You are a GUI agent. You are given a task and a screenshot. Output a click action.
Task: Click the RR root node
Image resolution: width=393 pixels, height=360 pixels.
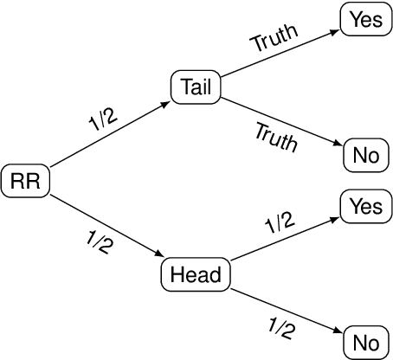(x=26, y=181)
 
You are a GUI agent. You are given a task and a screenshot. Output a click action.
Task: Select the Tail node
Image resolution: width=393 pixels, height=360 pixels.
(x=196, y=87)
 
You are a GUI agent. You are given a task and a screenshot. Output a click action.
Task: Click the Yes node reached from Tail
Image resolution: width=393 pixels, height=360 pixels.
(x=364, y=20)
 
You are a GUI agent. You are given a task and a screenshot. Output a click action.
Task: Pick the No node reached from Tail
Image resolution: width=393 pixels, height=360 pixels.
(x=364, y=156)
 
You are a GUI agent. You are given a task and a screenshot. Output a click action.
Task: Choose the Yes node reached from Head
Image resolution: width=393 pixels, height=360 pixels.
(x=364, y=206)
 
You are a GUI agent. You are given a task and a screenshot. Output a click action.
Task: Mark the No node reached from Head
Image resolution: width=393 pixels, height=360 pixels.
(x=364, y=342)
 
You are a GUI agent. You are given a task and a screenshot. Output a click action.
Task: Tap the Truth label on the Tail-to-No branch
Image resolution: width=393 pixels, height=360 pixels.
(x=277, y=136)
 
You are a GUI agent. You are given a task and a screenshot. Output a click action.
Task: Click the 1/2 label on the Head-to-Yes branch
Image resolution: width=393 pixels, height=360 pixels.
(x=279, y=225)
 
